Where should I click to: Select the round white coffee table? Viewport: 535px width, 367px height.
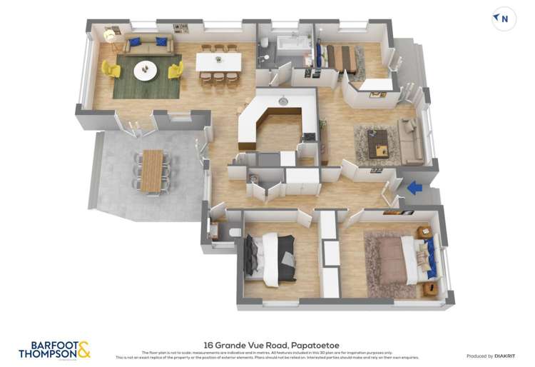pos(146,69)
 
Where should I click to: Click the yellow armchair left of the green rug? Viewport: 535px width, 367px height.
pos(111,69)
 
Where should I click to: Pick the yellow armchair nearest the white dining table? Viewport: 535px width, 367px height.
pos(175,69)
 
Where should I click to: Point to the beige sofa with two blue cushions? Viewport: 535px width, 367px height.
pos(148,45)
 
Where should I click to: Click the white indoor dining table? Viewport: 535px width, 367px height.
pos(218,62)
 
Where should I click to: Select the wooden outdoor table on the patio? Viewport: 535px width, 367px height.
pos(151,171)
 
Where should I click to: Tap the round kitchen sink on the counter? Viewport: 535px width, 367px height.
pos(283,102)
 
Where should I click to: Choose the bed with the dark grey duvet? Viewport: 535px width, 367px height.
pos(270,258)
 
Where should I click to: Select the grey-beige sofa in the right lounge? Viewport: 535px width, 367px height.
pos(412,141)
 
